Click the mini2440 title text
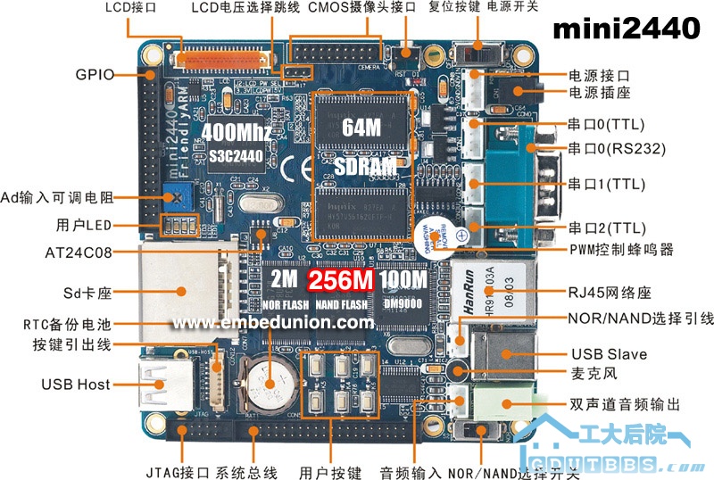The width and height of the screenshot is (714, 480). (x=627, y=30)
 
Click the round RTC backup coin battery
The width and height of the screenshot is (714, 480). (x=272, y=378)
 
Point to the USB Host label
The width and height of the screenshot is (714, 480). (x=76, y=385)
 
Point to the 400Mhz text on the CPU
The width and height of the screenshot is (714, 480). (x=237, y=132)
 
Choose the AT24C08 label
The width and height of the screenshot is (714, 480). (x=79, y=252)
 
